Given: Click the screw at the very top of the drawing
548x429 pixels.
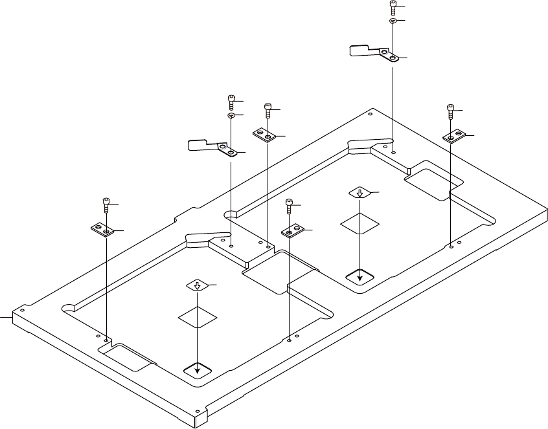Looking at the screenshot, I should [x=393, y=7].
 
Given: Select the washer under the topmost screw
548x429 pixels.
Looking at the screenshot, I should [x=393, y=21].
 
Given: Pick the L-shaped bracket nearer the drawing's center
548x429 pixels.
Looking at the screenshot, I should [x=211, y=147].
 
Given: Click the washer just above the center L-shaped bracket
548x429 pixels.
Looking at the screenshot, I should [x=231, y=115].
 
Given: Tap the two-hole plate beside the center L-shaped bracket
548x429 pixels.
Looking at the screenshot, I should [x=264, y=135].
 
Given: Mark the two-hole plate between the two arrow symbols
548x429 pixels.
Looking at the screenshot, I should [x=293, y=229].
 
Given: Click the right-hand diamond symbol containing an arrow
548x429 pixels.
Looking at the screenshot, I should [x=360, y=193].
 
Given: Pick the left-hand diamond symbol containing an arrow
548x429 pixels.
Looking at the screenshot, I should [x=198, y=285].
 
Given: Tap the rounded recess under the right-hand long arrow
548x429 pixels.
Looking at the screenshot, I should [x=360, y=277].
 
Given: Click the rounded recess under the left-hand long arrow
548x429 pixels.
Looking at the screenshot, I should [x=198, y=369].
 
